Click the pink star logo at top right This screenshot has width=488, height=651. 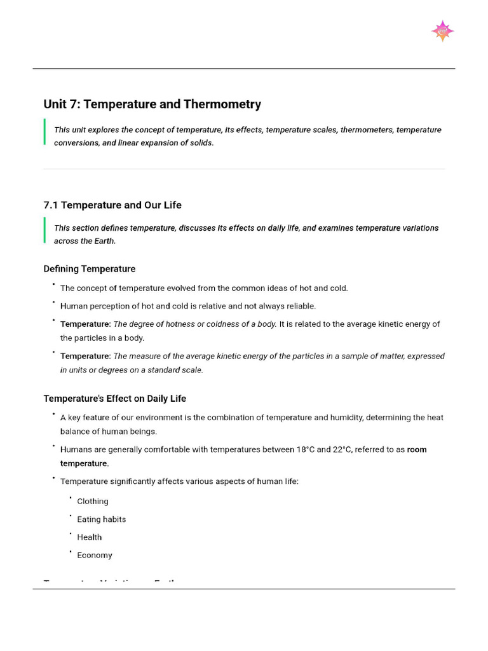pos(442,31)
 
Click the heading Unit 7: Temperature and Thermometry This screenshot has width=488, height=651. pos(152,104)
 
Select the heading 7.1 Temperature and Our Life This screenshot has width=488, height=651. pos(112,205)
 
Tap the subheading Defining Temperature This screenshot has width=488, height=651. pos(89,269)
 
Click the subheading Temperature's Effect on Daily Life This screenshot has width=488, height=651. pos(114,399)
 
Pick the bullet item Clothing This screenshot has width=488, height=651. pos(93,502)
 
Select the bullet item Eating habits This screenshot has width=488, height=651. pos(102,519)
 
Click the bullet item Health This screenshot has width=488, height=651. pos(90,537)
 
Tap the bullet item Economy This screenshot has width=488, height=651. pos(95,555)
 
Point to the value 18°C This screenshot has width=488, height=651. pos(305,449)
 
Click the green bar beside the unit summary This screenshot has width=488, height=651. pos(44,132)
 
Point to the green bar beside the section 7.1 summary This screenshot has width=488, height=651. pos(44,230)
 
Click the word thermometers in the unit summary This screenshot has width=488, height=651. pos(365,130)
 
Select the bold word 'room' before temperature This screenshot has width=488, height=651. pos(417,449)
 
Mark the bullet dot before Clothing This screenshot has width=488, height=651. pos(71,498)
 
